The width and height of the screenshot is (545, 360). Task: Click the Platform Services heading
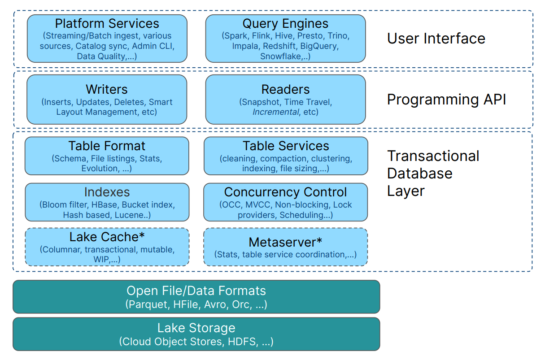[107, 24]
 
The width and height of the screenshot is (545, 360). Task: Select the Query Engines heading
[285, 24]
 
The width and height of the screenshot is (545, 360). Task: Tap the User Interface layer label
[436, 39]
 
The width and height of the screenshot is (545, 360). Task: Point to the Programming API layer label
[446, 100]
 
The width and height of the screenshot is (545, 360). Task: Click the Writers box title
[107, 90]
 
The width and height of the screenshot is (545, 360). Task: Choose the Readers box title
[285, 90]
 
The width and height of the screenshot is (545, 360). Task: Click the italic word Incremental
[275, 112]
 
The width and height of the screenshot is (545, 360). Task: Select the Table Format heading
[107, 146]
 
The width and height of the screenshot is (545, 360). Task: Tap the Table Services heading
[286, 146]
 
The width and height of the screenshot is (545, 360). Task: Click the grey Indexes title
[107, 192]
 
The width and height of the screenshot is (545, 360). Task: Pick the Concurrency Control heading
[285, 192]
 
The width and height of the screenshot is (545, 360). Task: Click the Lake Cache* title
[107, 237]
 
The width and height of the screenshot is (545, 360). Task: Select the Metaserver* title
[285, 243]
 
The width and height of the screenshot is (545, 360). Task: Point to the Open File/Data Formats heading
[196, 291]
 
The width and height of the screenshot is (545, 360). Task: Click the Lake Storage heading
[196, 328]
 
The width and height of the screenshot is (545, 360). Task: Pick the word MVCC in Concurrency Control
[258, 205]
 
